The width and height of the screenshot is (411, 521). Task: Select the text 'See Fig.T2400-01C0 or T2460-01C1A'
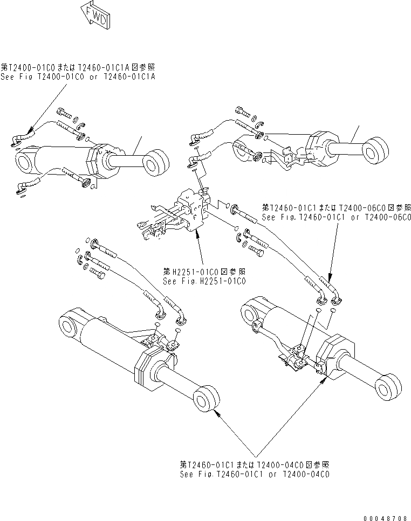coord(78,77)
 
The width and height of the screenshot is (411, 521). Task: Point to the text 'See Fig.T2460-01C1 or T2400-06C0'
coord(336,217)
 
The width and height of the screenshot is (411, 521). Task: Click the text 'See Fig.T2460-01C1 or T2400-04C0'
coord(255,474)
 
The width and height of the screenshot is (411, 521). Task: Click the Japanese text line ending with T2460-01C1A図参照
coord(78,67)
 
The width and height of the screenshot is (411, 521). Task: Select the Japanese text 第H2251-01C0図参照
coord(203,271)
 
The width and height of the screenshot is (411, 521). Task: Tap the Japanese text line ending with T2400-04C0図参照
coord(255,464)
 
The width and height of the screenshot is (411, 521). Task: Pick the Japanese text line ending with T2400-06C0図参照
coord(336,207)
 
